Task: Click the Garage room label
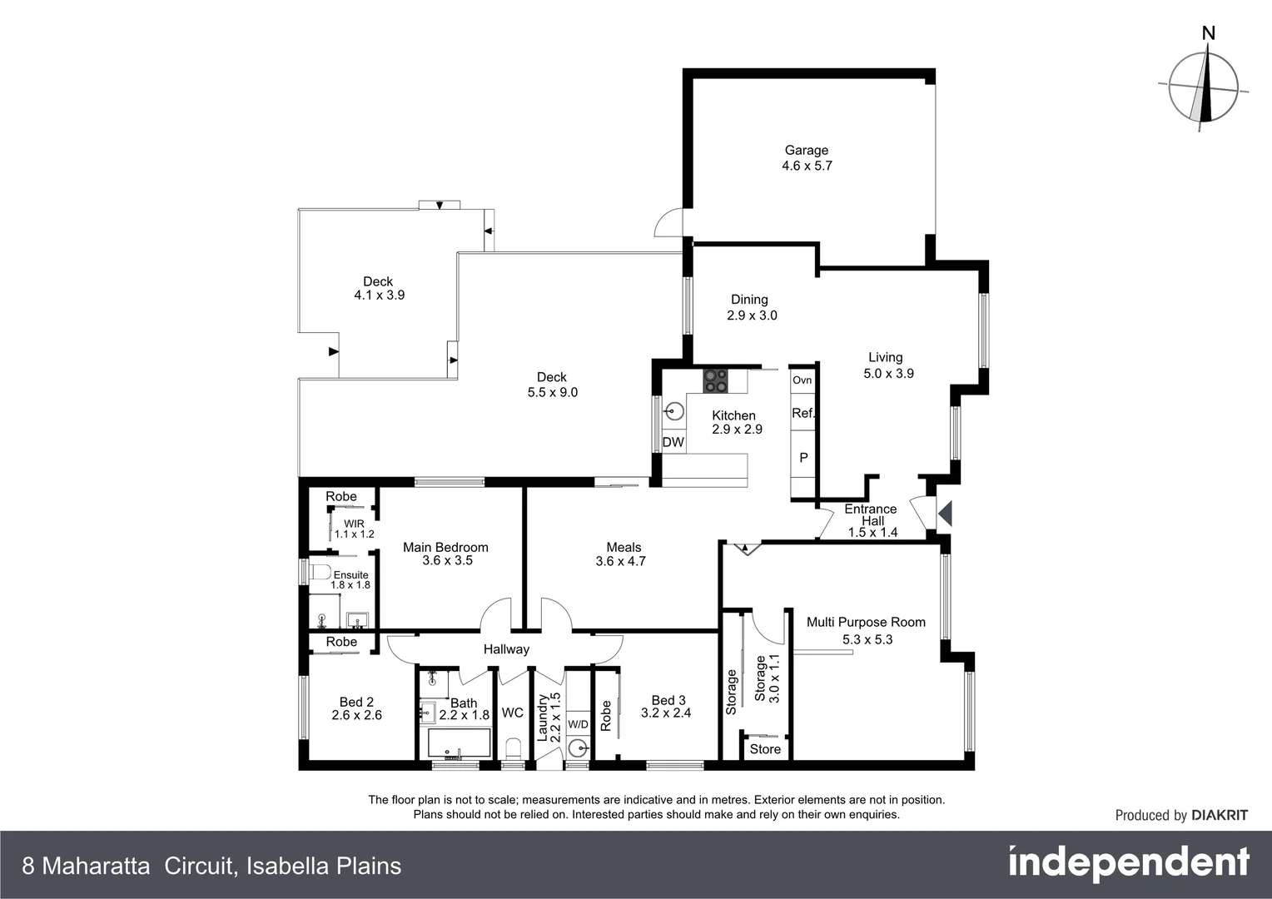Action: pyautogui.click(x=806, y=151)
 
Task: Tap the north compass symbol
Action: pyautogui.click(x=1204, y=86)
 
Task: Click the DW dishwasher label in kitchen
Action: pyautogui.click(x=673, y=442)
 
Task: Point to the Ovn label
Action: pyautogui.click(x=802, y=380)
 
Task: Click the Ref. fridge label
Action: pyautogui.click(x=802, y=413)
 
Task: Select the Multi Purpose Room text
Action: pyautogui.click(x=866, y=622)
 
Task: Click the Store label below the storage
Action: pyautogui.click(x=765, y=749)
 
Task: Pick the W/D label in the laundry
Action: pyautogui.click(x=578, y=724)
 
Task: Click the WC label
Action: pyautogui.click(x=512, y=713)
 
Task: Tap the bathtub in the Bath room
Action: pyautogui.click(x=458, y=743)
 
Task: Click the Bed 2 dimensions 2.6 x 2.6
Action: pyautogui.click(x=356, y=715)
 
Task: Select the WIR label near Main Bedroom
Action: pyautogui.click(x=354, y=524)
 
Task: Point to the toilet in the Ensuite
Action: pyautogui.click(x=320, y=573)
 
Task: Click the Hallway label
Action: pyautogui.click(x=506, y=649)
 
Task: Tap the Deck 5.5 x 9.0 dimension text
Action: pyautogui.click(x=552, y=392)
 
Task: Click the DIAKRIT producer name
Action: pyautogui.click(x=1220, y=815)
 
